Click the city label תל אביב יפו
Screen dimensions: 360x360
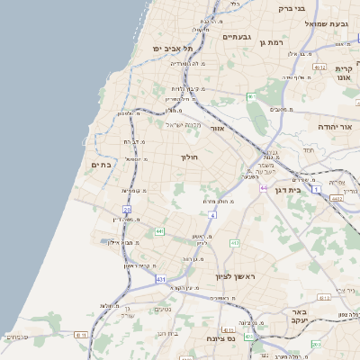(x=167, y=47)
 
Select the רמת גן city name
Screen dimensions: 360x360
(x=269, y=41)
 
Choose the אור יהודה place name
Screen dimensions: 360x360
(x=334, y=127)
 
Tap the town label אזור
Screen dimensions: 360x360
(x=216, y=129)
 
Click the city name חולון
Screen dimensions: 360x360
(x=190, y=157)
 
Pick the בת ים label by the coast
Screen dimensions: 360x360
(x=102, y=164)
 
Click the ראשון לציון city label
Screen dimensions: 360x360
(x=235, y=277)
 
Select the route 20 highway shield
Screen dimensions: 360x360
(x=128, y=210)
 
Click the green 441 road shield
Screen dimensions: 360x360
(x=160, y=231)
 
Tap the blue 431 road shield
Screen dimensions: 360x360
(x=161, y=281)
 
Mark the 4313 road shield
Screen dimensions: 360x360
(x=317, y=345)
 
